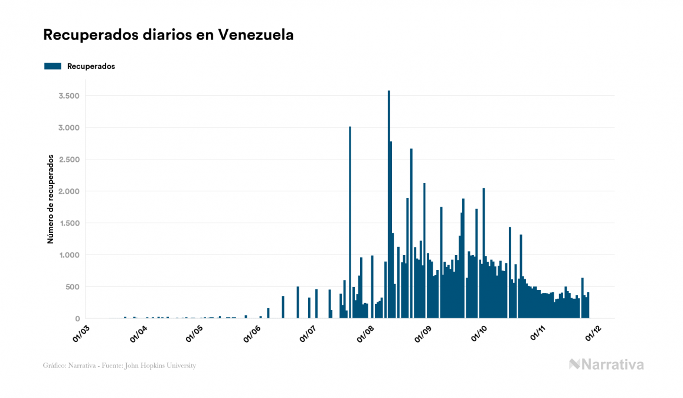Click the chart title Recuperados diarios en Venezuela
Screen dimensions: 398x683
pos(168,35)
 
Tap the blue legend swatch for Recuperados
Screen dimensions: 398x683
pos(53,66)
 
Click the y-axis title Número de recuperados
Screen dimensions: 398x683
pos(51,200)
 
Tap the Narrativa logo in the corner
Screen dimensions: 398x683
pos(606,364)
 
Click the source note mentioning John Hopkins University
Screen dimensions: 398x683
pos(119,366)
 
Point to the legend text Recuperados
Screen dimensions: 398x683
pos(91,66)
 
